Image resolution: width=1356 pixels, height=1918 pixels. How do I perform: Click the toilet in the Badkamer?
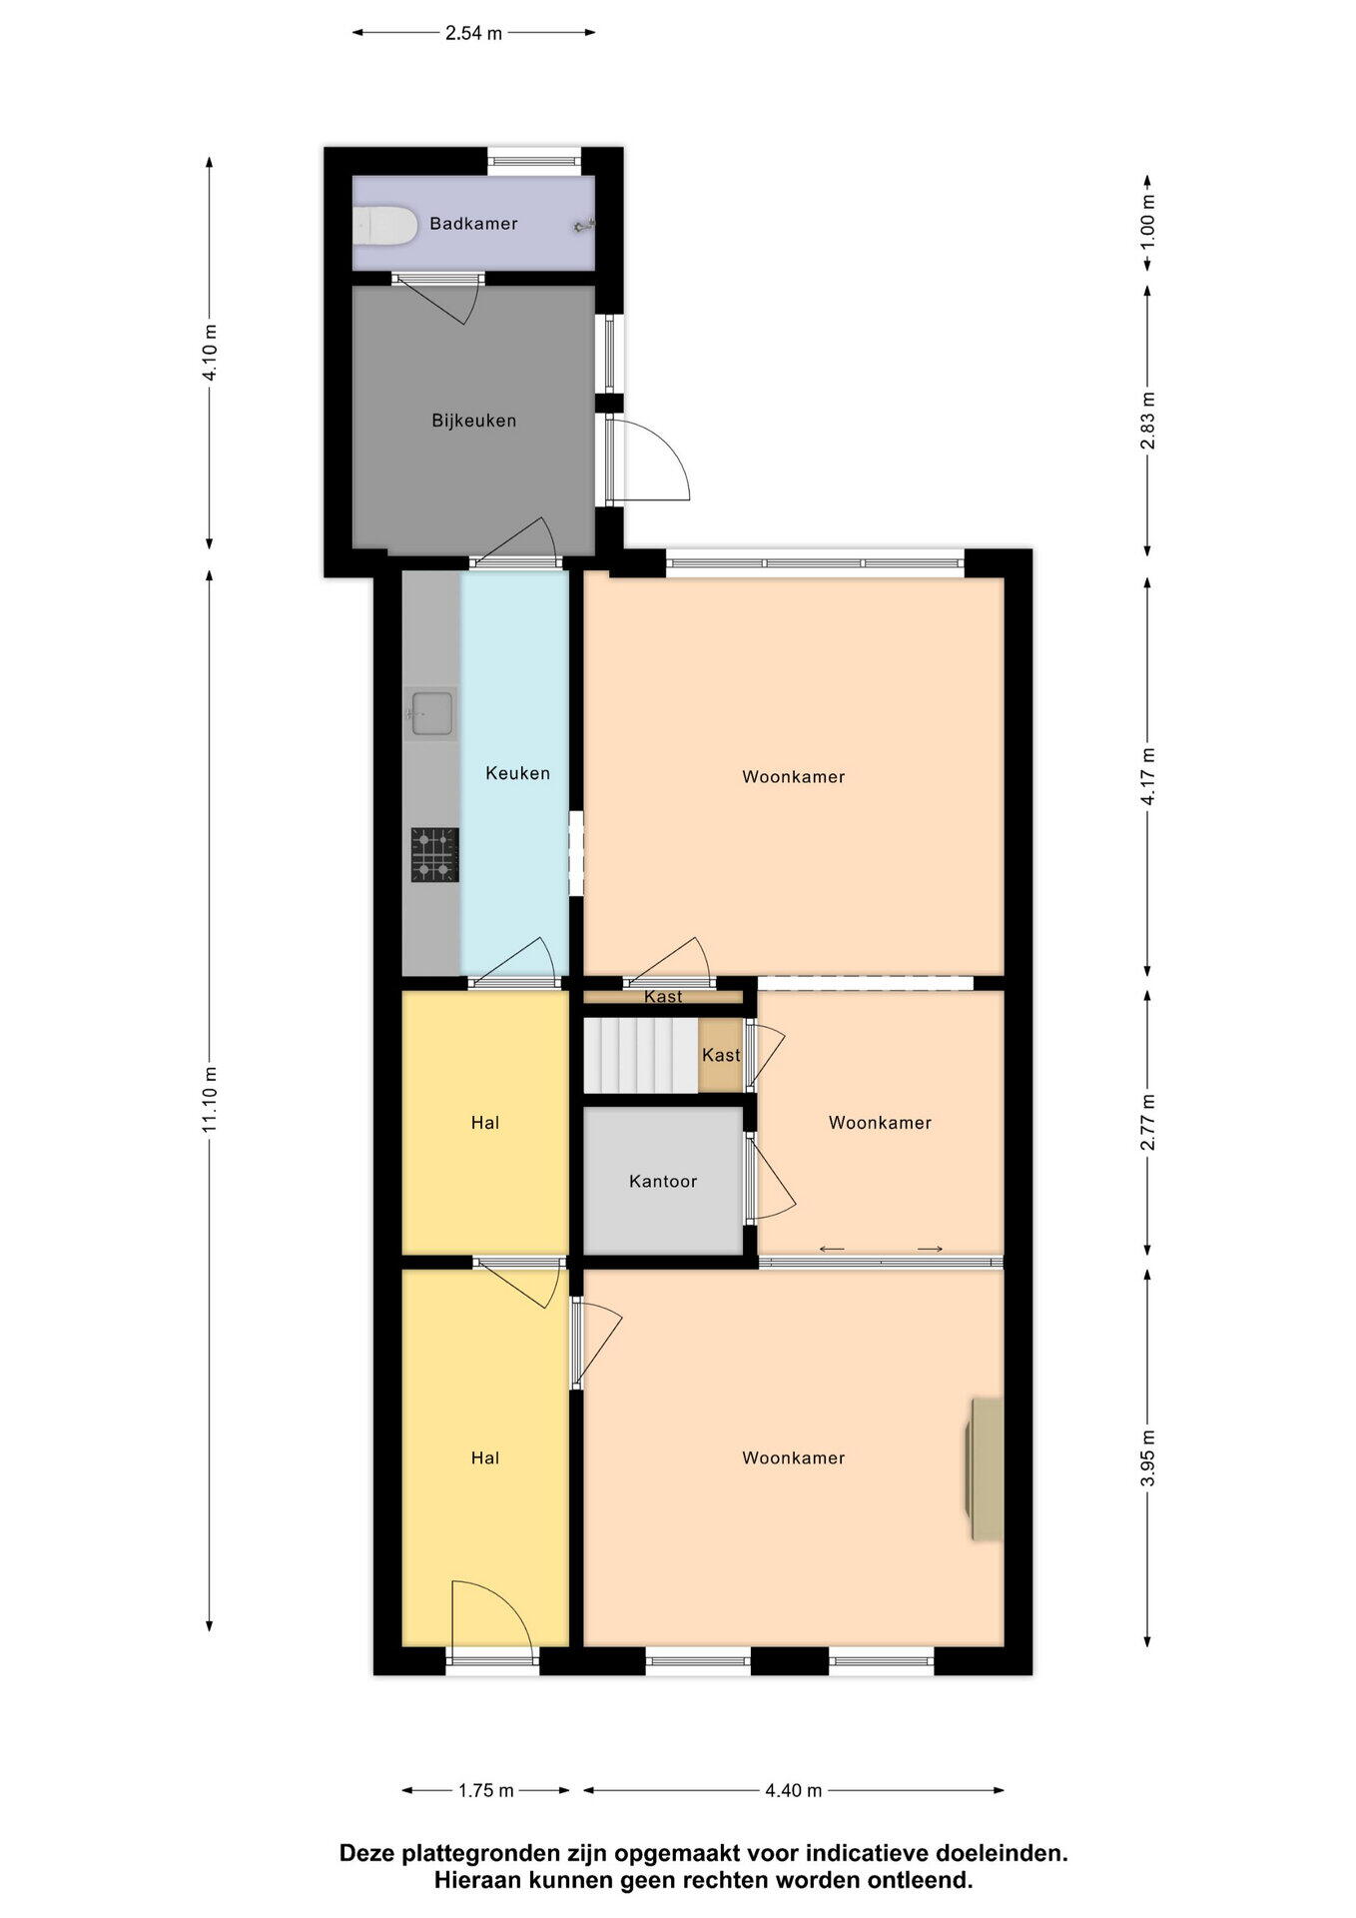384,225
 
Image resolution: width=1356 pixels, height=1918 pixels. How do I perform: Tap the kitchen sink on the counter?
431,713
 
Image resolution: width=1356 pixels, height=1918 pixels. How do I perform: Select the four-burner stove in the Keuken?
434,855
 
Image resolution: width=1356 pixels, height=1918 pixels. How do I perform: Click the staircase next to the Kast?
640,1055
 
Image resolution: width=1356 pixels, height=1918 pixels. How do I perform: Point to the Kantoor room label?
663,1181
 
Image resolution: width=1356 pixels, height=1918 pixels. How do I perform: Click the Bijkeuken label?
474,421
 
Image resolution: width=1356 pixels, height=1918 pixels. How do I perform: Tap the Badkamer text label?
473,223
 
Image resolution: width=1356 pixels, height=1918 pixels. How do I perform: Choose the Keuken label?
517,772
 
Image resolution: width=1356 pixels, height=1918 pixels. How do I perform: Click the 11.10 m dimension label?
210,1100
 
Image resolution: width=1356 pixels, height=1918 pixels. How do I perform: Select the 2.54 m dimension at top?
474,33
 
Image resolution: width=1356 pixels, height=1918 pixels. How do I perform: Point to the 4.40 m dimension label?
794,1790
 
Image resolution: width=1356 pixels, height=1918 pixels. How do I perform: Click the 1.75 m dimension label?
486,1790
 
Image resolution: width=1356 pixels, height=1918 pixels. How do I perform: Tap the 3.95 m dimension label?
1148,1458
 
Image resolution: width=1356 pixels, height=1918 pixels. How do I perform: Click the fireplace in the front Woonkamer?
984,1468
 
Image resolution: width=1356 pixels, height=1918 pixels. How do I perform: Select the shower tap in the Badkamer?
584,227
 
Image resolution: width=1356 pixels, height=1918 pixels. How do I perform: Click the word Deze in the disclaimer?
365,1853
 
